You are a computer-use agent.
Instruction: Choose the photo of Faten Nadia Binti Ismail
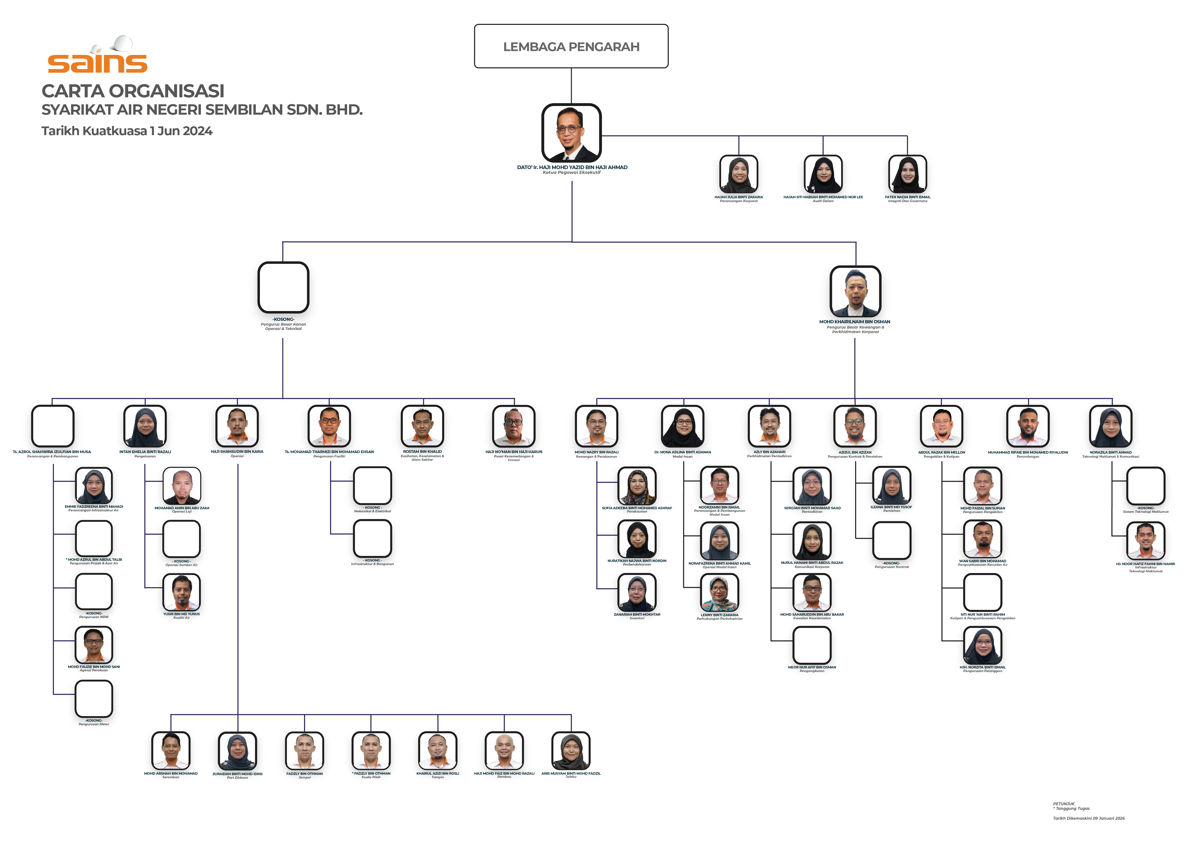tap(907, 174)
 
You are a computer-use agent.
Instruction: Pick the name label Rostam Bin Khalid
tap(422, 452)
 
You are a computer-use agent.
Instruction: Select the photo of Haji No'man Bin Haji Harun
tap(514, 426)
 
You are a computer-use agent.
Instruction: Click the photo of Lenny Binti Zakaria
tap(719, 593)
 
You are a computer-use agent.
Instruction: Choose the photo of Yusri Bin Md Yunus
tap(182, 592)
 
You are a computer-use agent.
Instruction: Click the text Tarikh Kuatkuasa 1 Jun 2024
tap(127, 131)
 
